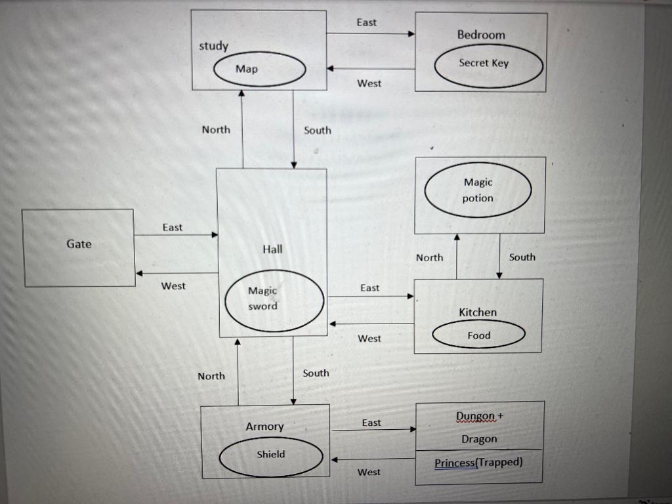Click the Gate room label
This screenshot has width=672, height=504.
(x=79, y=244)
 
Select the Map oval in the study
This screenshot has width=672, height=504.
(x=261, y=69)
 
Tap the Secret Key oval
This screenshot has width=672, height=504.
(x=489, y=64)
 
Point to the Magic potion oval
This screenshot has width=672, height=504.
(x=478, y=190)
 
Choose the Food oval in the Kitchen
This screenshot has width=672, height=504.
(x=478, y=335)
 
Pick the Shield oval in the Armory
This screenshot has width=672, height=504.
(x=271, y=455)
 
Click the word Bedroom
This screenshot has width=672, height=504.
(x=481, y=35)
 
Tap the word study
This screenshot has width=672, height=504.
(x=213, y=46)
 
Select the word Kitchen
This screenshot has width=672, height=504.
(x=478, y=312)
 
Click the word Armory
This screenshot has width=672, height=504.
(x=264, y=427)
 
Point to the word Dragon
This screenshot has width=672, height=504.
(x=479, y=439)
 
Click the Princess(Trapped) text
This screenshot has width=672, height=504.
(x=478, y=462)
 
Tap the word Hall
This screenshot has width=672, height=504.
(x=272, y=249)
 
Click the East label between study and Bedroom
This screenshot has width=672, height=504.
(x=366, y=22)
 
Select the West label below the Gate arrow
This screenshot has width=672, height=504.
(x=173, y=286)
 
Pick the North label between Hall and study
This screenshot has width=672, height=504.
(x=216, y=130)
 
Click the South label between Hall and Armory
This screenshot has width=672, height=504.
(x=316, y=373)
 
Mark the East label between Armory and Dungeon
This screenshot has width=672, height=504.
(x=371, y=423)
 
